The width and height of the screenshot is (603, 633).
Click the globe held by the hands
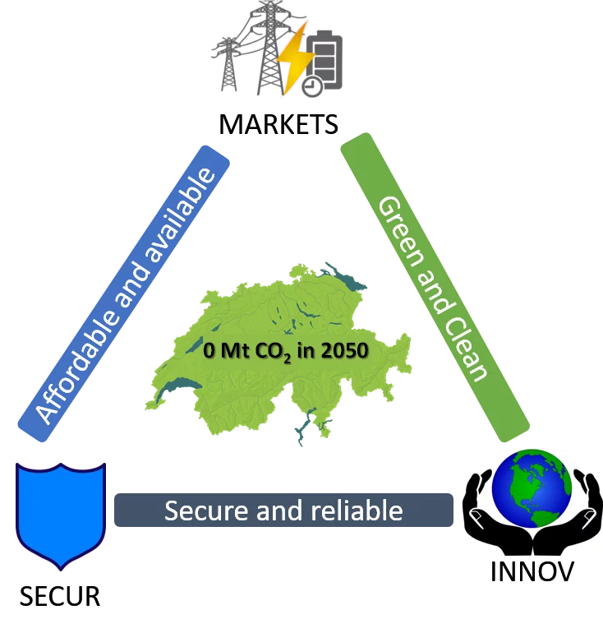pos(532,492)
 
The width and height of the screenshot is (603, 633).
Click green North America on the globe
pos(526,481)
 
